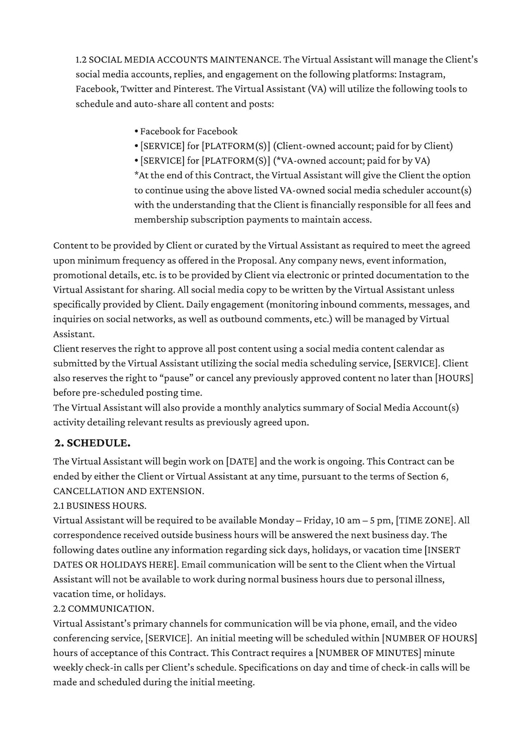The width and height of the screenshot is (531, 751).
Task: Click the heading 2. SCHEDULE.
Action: (92, 443)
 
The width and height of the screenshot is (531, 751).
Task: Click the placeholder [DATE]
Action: (241, 462)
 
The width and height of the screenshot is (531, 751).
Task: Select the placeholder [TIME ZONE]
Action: (423, 520)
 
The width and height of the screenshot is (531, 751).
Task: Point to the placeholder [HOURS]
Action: (454, 378)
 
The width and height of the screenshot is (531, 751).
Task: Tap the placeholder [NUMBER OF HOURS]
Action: (429, 638)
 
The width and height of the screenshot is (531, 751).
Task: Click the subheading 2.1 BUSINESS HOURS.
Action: (100, 505)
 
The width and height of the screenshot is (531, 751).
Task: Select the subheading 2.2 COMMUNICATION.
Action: (103, 609)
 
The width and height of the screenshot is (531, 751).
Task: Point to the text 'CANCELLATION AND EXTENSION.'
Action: (129, 491)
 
